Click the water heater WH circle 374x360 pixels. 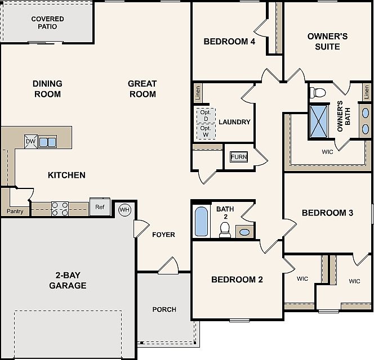tap(124, 210)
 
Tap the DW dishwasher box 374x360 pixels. tap(31, 141)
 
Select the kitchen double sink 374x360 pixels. tap(47, 142)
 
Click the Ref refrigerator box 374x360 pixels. tap(100, 207)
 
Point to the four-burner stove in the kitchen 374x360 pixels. tap(60, 209)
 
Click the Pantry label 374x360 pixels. tap(15, 211)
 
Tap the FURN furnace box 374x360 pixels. tap(239, 157)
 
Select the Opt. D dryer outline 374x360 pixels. tap(206, 115)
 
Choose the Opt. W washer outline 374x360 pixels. tap(206, 132)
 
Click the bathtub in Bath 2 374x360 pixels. tap(201, 222)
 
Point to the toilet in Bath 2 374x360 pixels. tap(225, 230)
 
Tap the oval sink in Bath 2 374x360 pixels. tap(244, 232)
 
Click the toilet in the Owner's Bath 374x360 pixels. tap(318, 93)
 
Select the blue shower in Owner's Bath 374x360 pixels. tap(319, 121)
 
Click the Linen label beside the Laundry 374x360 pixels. tap(198, 93)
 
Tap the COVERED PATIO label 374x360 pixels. tap(47, 22)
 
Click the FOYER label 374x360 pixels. tap(163, 235)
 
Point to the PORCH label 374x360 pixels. tap(164, 309)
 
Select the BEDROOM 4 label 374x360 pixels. tap(229, 42)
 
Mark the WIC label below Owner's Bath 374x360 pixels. tap(327, 152)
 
